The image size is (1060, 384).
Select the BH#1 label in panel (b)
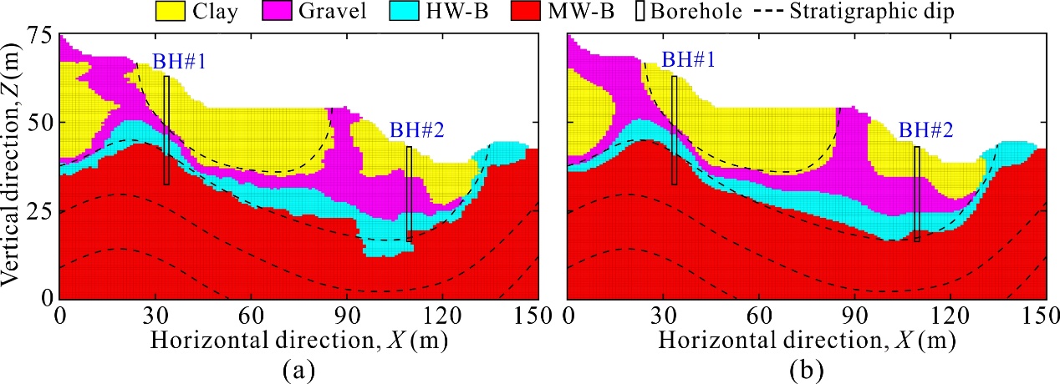pos(680,60)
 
